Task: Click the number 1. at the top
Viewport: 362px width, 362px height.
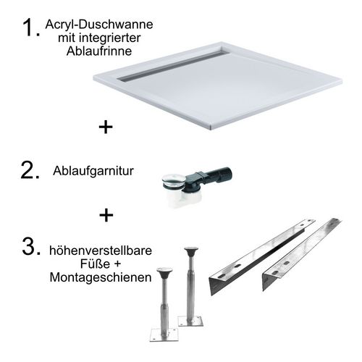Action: click(31, 28)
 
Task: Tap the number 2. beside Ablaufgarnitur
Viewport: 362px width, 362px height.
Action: click(30, 171)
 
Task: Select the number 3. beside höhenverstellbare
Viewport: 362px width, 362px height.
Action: click(31, 246)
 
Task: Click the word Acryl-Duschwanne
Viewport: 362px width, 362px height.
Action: click(99, 25)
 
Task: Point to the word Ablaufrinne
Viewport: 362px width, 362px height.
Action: click(99, 51)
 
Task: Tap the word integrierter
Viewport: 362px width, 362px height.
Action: click(111, 38)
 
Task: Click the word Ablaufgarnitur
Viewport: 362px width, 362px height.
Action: click(93, 171)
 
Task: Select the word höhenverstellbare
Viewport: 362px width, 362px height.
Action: click(101, 251)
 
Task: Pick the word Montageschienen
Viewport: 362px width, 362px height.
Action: click(101, 277)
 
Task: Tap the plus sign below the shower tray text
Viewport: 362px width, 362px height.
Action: click(106, 127)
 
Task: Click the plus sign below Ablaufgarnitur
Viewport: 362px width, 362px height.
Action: click(106, 215)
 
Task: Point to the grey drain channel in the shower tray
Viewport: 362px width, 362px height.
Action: click(173, 65)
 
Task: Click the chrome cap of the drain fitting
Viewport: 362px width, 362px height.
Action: click(174, 180)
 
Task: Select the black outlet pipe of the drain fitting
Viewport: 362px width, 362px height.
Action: click(216, 174)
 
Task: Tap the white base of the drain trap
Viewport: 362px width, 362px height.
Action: click(185, 199)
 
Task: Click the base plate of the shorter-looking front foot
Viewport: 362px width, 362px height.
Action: click(164, 334)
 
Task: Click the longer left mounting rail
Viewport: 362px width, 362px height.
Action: click(262, 257)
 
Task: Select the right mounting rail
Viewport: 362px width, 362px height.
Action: click(302, 255)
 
